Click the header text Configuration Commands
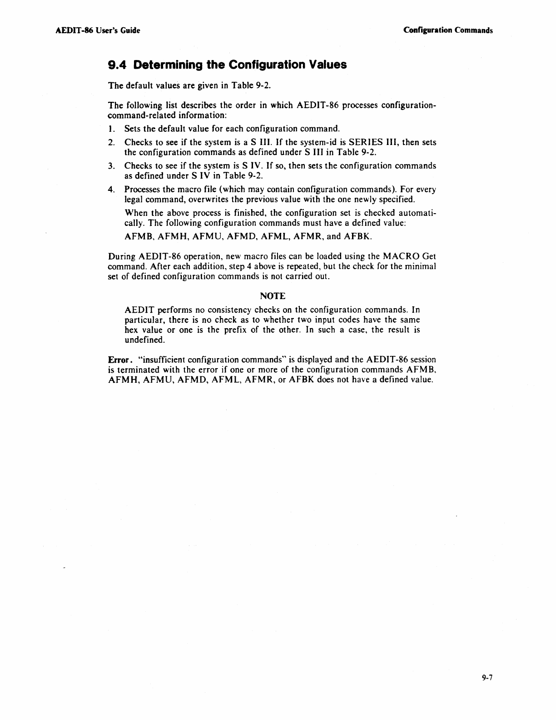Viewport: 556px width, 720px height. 448,30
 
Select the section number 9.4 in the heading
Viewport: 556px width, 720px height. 118,65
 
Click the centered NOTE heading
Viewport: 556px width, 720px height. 273,296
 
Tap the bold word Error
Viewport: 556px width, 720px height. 117,360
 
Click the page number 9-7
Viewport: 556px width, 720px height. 487,678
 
